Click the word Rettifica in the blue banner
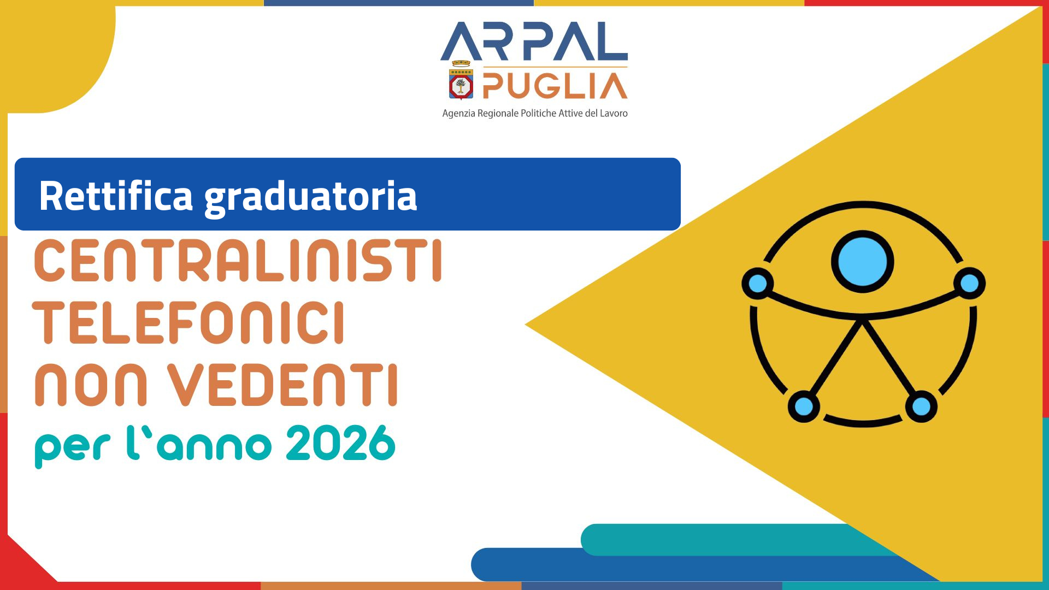coord(116,196)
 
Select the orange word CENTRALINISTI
coord(238,261)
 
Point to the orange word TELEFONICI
coord(189,323)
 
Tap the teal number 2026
coord(340,444)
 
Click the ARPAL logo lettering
coord(534,42)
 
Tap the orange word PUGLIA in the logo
coord(555,86)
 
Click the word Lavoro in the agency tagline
coord(614,114)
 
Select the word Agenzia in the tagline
coord(458,114)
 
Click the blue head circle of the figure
coord(862,262)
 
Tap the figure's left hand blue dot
coord(758,283)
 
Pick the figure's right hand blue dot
coord(969,283)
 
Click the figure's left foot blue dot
coord(804,406)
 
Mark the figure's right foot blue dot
coord(921,406)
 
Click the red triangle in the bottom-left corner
coord(22,568)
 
